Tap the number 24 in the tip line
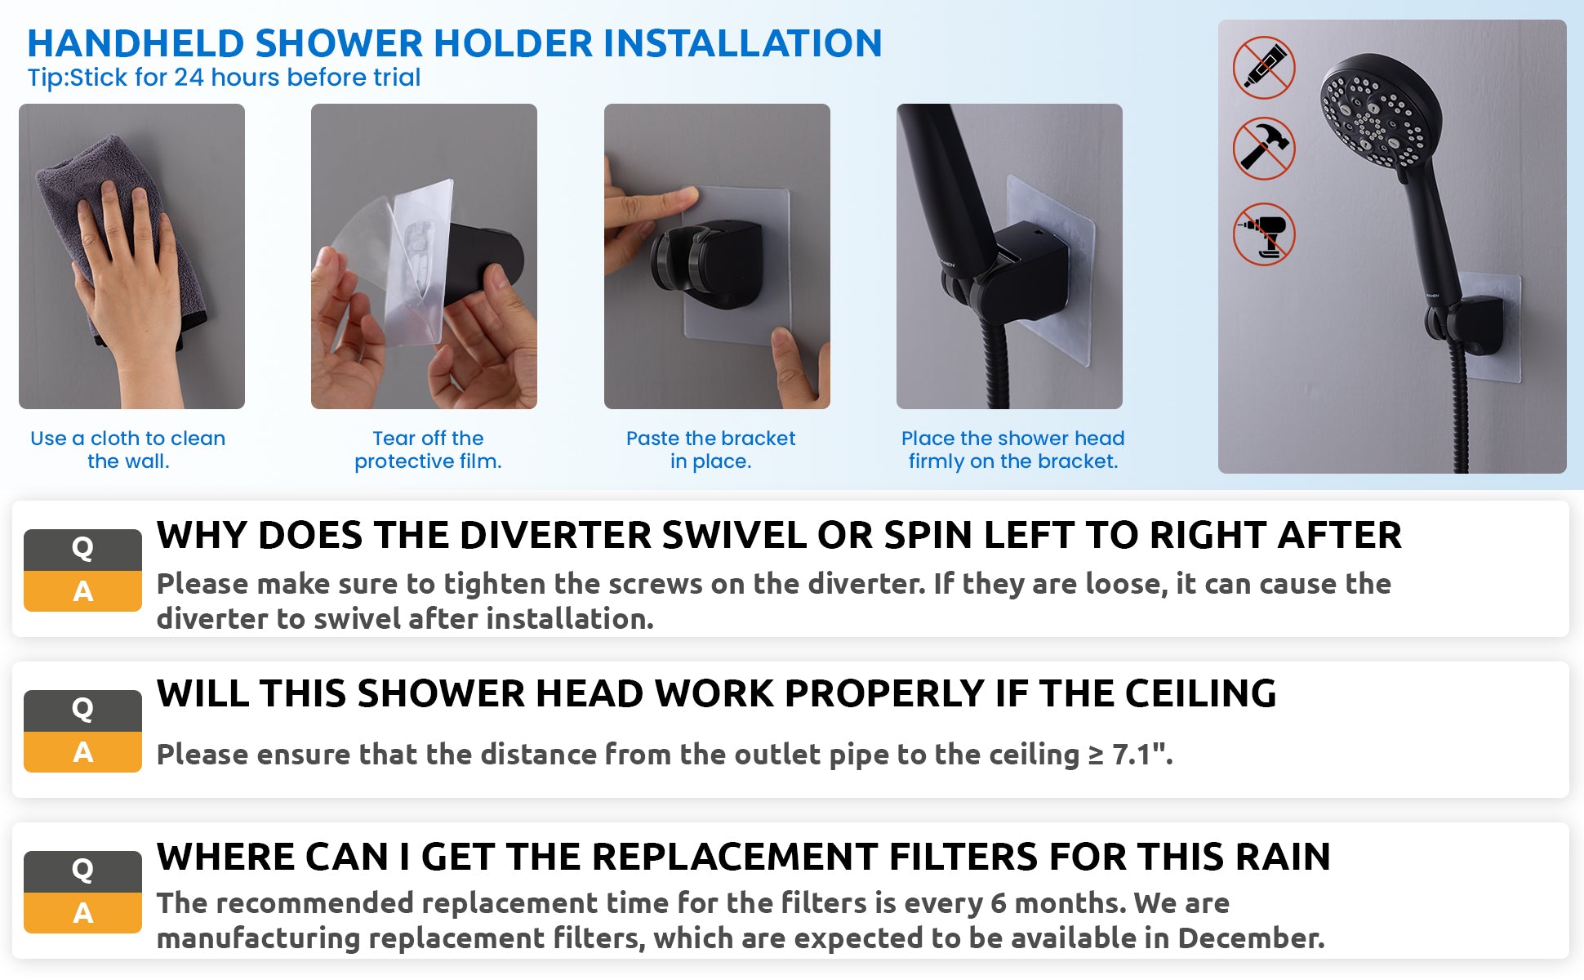(x=189, y=78)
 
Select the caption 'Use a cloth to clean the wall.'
(x=128, y=449)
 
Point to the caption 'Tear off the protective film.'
(x=428, y=449)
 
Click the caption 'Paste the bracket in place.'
(x=710, y=449)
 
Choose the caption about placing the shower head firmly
(x=1012, y=449)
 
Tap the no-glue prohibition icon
(x=1264, y=68)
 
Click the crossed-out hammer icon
(x=1264, y=149)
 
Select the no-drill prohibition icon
(x=1264, y=234)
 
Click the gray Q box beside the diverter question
(x=82, y=550)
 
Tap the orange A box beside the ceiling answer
(x=82, y=752)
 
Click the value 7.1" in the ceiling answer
(x=1141, y=754)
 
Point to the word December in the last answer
(x=1251, y=938)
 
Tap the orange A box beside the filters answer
(x=82, y=913)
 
